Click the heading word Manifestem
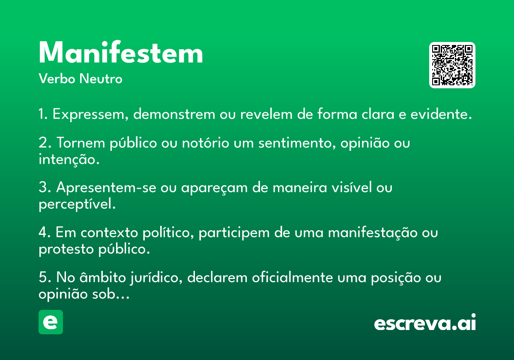pos(121,52)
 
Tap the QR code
pos(452,65)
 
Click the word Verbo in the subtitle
pos(57,78)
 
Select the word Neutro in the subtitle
pos(101,78)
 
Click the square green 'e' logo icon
pos(51,322)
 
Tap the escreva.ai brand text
pos(425,322)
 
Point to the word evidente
pos(441,114)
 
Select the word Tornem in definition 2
pos(81,143)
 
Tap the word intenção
pos(69,159)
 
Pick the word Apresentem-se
pos(106,187)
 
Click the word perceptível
pos(77,204)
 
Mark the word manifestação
pos(373,233)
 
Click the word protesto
pos(66,249)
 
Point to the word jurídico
pos(156,278)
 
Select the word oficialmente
pos(292,277)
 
